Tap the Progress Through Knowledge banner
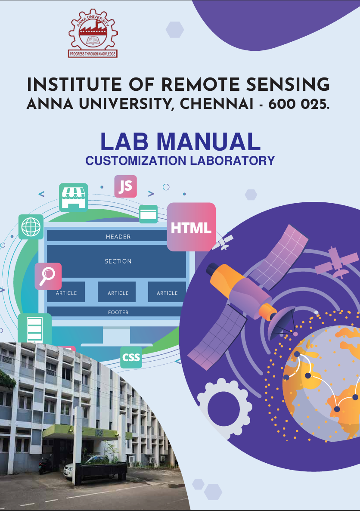click(x=93, y=54)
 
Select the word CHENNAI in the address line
click(x=217, y=105)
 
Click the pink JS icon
click(x=125, y=186)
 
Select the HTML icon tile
click(x=191, y=227)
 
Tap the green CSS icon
click(x=131, y=357)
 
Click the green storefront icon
click(x=73, y=198)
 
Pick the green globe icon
click(x=31, y=227)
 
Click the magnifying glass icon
click(x=48, y=276)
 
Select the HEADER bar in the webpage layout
click(x=118, y=236)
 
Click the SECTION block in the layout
click(x=118, y=261)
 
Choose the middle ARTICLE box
click(x=118, y=292)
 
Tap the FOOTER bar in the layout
click(x=118, y=312)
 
